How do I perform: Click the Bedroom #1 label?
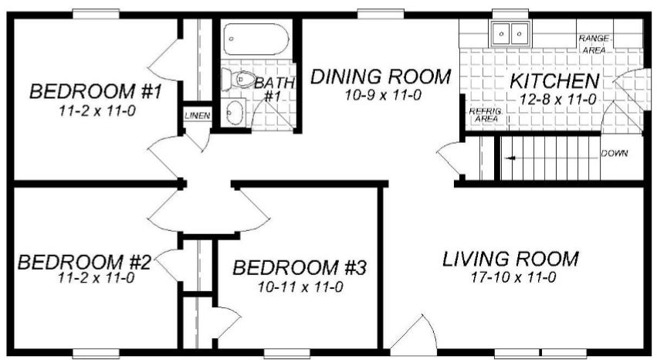pyautogui.click(x=96, y=91)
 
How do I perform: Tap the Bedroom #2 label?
pyautogui.click(x=84, y=263)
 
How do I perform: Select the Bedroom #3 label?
pyautogui.click(x=300, y=267)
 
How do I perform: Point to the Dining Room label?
pyautogui.click(x=381, y=76)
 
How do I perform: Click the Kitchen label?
pyautogui.click(x=554, y=81)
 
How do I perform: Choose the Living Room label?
pyautogui.click(x=511, y=259)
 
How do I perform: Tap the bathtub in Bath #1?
pyautogui.click(x=256, y=39)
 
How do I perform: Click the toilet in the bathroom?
pyautogui.click(x=238, y=80)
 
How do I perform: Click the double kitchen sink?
pyautogui.click(x=510, y=33)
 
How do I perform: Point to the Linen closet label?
pyautogui.click(x=198, y=116)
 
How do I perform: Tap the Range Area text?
pyautogui.click(x=594, y=44)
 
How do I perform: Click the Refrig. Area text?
pyautogui.click(x=486, y=115)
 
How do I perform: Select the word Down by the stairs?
pyautogui.click(x=615, y=154)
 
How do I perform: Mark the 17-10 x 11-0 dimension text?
pyautogui.click(x=513, y=277)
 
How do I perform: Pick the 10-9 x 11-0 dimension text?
pyautogui.click(x=383, y=95)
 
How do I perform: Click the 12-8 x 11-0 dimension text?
pyautogui.click(x=557, y=100)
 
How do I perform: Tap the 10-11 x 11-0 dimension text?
pyautogui.click(x=300, y=287)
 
